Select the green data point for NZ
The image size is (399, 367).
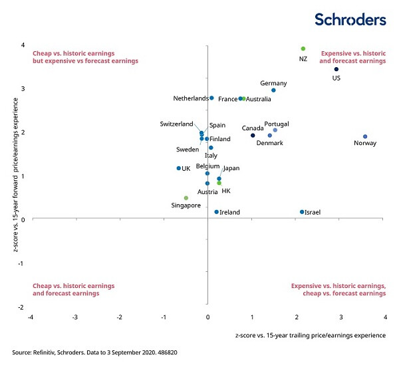(303, 49)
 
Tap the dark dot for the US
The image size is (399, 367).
(336, 69)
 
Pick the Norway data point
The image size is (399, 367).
(365, 136)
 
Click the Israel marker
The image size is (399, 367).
(302, 212)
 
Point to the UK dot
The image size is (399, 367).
(178, 168)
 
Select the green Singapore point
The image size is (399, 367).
(186, 198)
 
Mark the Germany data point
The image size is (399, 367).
(273, 90)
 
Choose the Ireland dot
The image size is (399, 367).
(217, 212)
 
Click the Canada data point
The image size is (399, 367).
(253, 136)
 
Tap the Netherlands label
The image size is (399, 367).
(191, 98)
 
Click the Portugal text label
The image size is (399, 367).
(276, 124)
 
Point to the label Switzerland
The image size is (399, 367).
(176, 124)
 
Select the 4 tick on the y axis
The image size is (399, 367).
(23, 45)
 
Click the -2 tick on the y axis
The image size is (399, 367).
(23, 306)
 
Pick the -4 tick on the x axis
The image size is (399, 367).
(31, 317)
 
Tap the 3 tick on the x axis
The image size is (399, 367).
(340, 317)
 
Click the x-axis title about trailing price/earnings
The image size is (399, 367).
(311, 335)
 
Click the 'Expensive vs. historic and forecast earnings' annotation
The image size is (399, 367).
(353, 57)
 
